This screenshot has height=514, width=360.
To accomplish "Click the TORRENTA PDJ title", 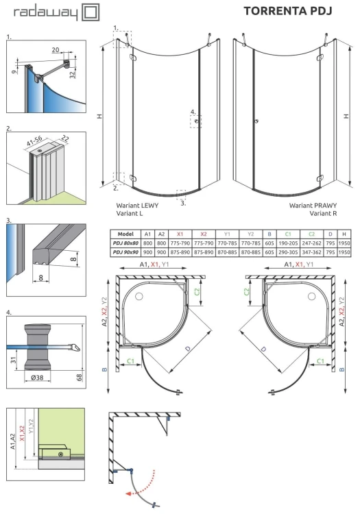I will (287, 11).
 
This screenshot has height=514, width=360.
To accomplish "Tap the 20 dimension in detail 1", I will (54, 50).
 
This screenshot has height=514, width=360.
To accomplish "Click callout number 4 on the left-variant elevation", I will (193, 112).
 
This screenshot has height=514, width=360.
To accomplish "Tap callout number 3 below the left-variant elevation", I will (183, 203).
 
